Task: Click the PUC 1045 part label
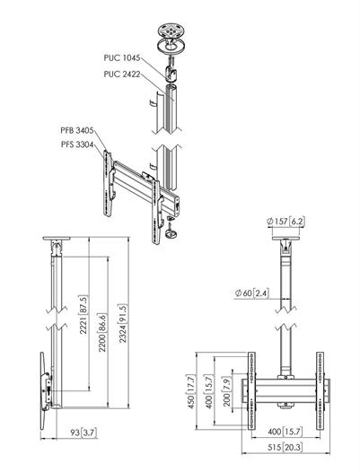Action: (122, 57)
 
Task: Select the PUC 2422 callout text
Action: (122, 74)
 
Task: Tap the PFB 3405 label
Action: (77, 130)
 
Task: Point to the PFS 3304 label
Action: (77, 144)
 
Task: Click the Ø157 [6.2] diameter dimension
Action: (285, 222)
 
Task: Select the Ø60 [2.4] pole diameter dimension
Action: (252, 293)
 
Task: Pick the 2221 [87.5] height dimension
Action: (83, 315)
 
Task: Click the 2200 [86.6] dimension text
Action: (102, 333)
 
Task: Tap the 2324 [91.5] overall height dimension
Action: (123, 323)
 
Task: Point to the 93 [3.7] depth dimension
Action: (83, 433)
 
